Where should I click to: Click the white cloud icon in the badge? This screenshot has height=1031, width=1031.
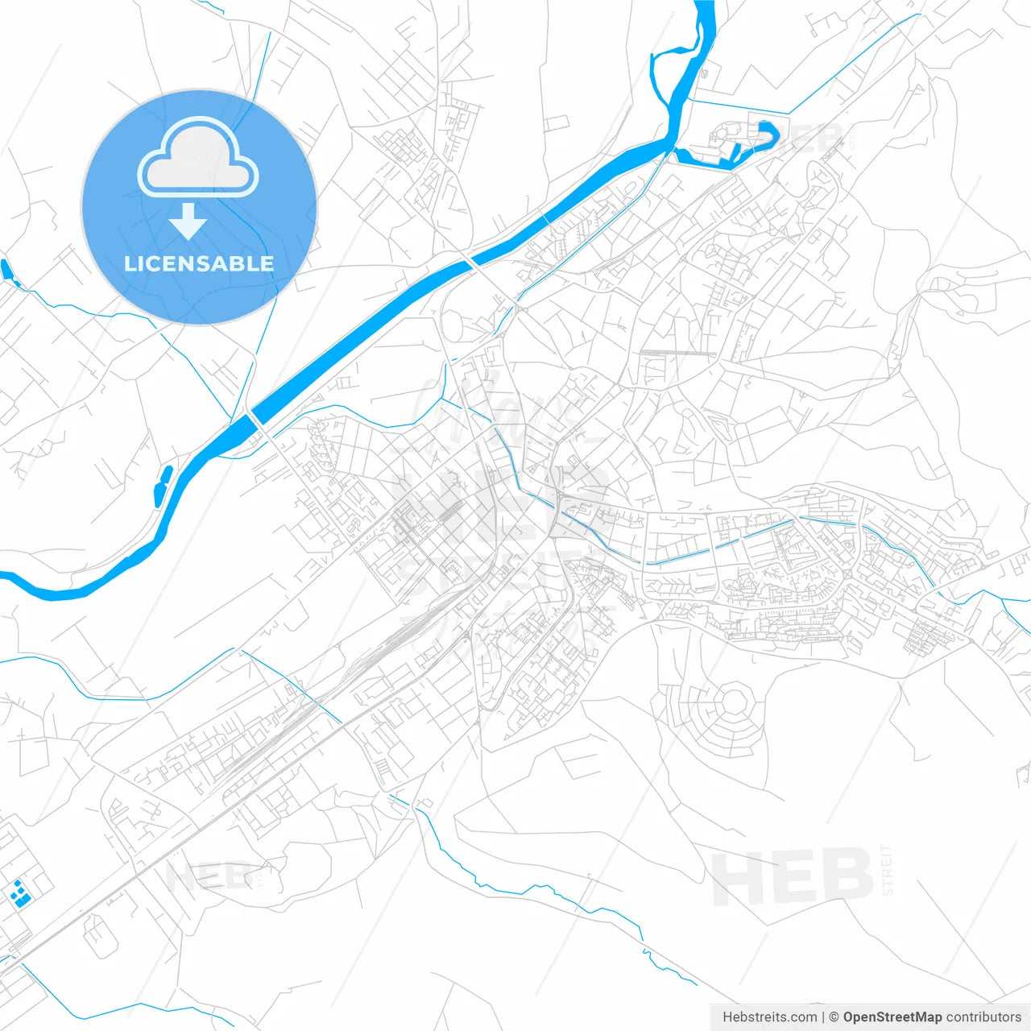coord(198,158)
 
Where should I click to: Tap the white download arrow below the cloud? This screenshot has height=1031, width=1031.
coord(188,222)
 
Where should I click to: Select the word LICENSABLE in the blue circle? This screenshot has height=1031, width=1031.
coord(198,264)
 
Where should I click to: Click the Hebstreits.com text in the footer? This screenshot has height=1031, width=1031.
coord(769,1017)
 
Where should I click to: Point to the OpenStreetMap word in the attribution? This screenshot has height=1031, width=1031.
coord(892,1017)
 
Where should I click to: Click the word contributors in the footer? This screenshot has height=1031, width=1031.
coord(983,1017)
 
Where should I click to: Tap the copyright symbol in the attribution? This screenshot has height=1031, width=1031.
coord(834,1017)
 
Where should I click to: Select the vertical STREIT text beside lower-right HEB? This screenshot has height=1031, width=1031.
coord(887,870)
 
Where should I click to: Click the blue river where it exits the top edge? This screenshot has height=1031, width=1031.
coord(705,6)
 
